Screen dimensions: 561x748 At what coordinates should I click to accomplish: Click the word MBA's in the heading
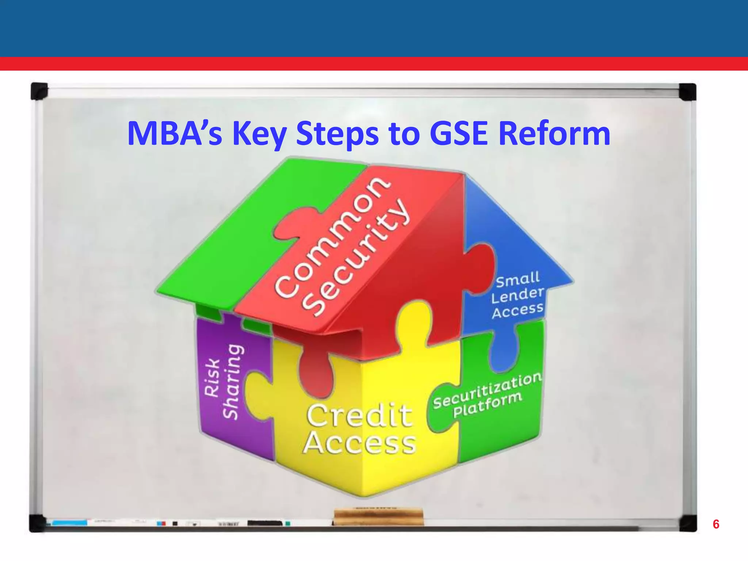coord(174,134)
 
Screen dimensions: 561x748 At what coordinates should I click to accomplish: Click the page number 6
coord(716,524)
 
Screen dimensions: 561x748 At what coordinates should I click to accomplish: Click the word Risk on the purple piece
coord(212,378)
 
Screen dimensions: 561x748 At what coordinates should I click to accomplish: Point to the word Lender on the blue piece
coord(518,295)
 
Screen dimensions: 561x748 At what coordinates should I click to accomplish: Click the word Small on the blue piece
coord(518,280)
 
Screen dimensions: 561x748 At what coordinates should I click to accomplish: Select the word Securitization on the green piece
coord(487,390)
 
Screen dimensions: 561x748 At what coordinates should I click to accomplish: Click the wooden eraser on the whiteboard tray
coord(378,516)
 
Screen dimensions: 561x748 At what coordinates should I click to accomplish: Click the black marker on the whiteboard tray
coord(264,523)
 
